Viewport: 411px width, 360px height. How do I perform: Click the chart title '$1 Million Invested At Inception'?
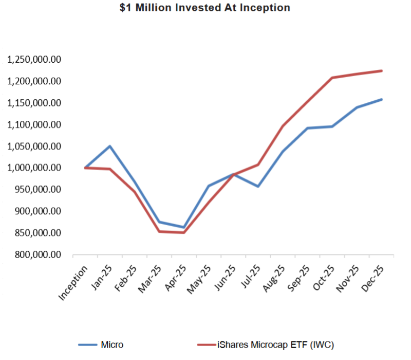pyautogui.click(x=205, y=8)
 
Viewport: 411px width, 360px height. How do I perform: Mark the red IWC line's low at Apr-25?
pyautogui.click(x=184, y=232)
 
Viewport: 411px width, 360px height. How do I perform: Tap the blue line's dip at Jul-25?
pyautogui.click(x=258, y=186)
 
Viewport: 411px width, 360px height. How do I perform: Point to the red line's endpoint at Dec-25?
pyautogui.click(x=382, y=70)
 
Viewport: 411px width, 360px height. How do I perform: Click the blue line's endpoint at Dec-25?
pyautogui.click(x=382, y=99)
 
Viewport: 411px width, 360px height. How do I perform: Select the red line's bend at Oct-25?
pyautogui.click(x=332, y=78)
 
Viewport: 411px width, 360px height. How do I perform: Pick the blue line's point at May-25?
pyautogui.click(x=209, y=186)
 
